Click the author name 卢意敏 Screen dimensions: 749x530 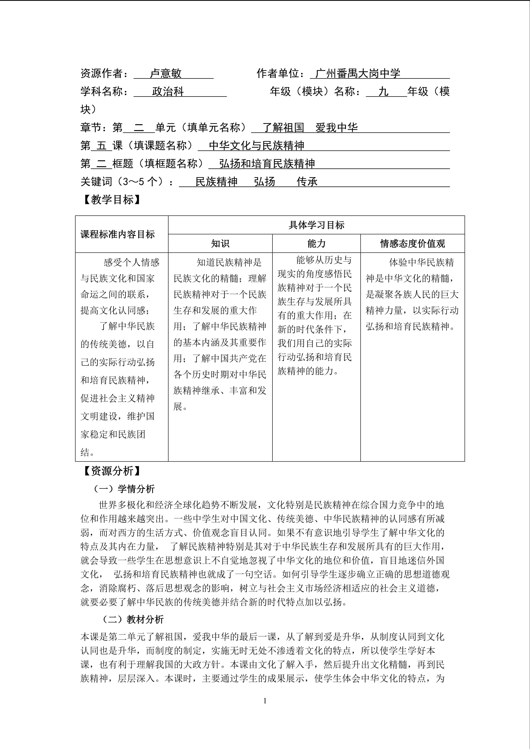click(x=165, y=73)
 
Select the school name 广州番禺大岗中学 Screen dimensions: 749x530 click(x=358, y=73)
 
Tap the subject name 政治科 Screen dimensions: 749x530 click(x=168, y=92)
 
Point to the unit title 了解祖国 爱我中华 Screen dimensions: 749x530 click(x=310, y=127)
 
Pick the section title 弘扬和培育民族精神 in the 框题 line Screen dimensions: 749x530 click(x=267, y=164)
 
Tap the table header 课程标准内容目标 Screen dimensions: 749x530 click(x=118, y=234)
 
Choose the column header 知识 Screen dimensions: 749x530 click(x=220, y=244)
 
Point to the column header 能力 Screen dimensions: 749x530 click(x=316, y=244)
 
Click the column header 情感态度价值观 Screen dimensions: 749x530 click(x=412, y=244)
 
